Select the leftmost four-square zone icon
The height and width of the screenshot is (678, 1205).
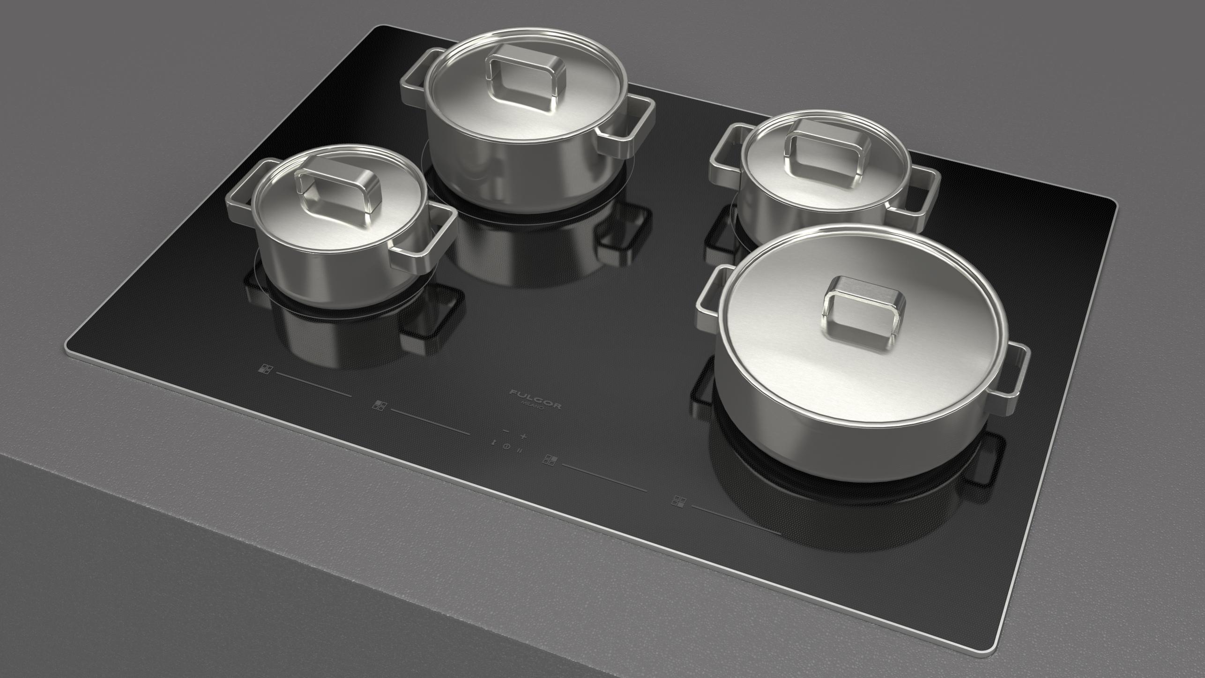265,369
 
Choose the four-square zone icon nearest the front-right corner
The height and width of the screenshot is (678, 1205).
678,501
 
